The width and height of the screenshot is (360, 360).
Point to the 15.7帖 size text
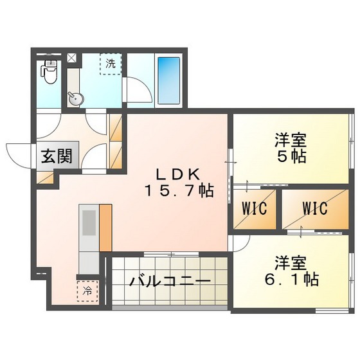tap(178, 191)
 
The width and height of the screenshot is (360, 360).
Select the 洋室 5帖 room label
tap(289, 148)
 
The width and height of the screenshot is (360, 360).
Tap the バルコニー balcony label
tap(169, 282)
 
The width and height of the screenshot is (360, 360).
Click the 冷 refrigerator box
tap(87, 290)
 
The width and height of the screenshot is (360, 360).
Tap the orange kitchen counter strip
tap(105, 227)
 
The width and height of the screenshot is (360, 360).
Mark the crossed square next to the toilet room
tap(71, 59)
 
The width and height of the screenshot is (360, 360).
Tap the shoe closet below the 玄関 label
tap(45, 175)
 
